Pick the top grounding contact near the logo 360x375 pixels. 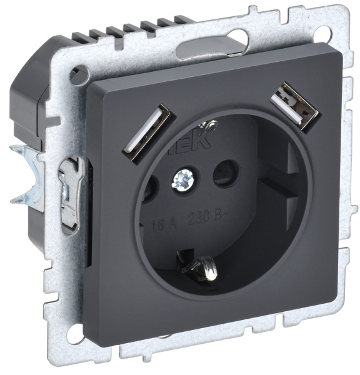tap(211, 129)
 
